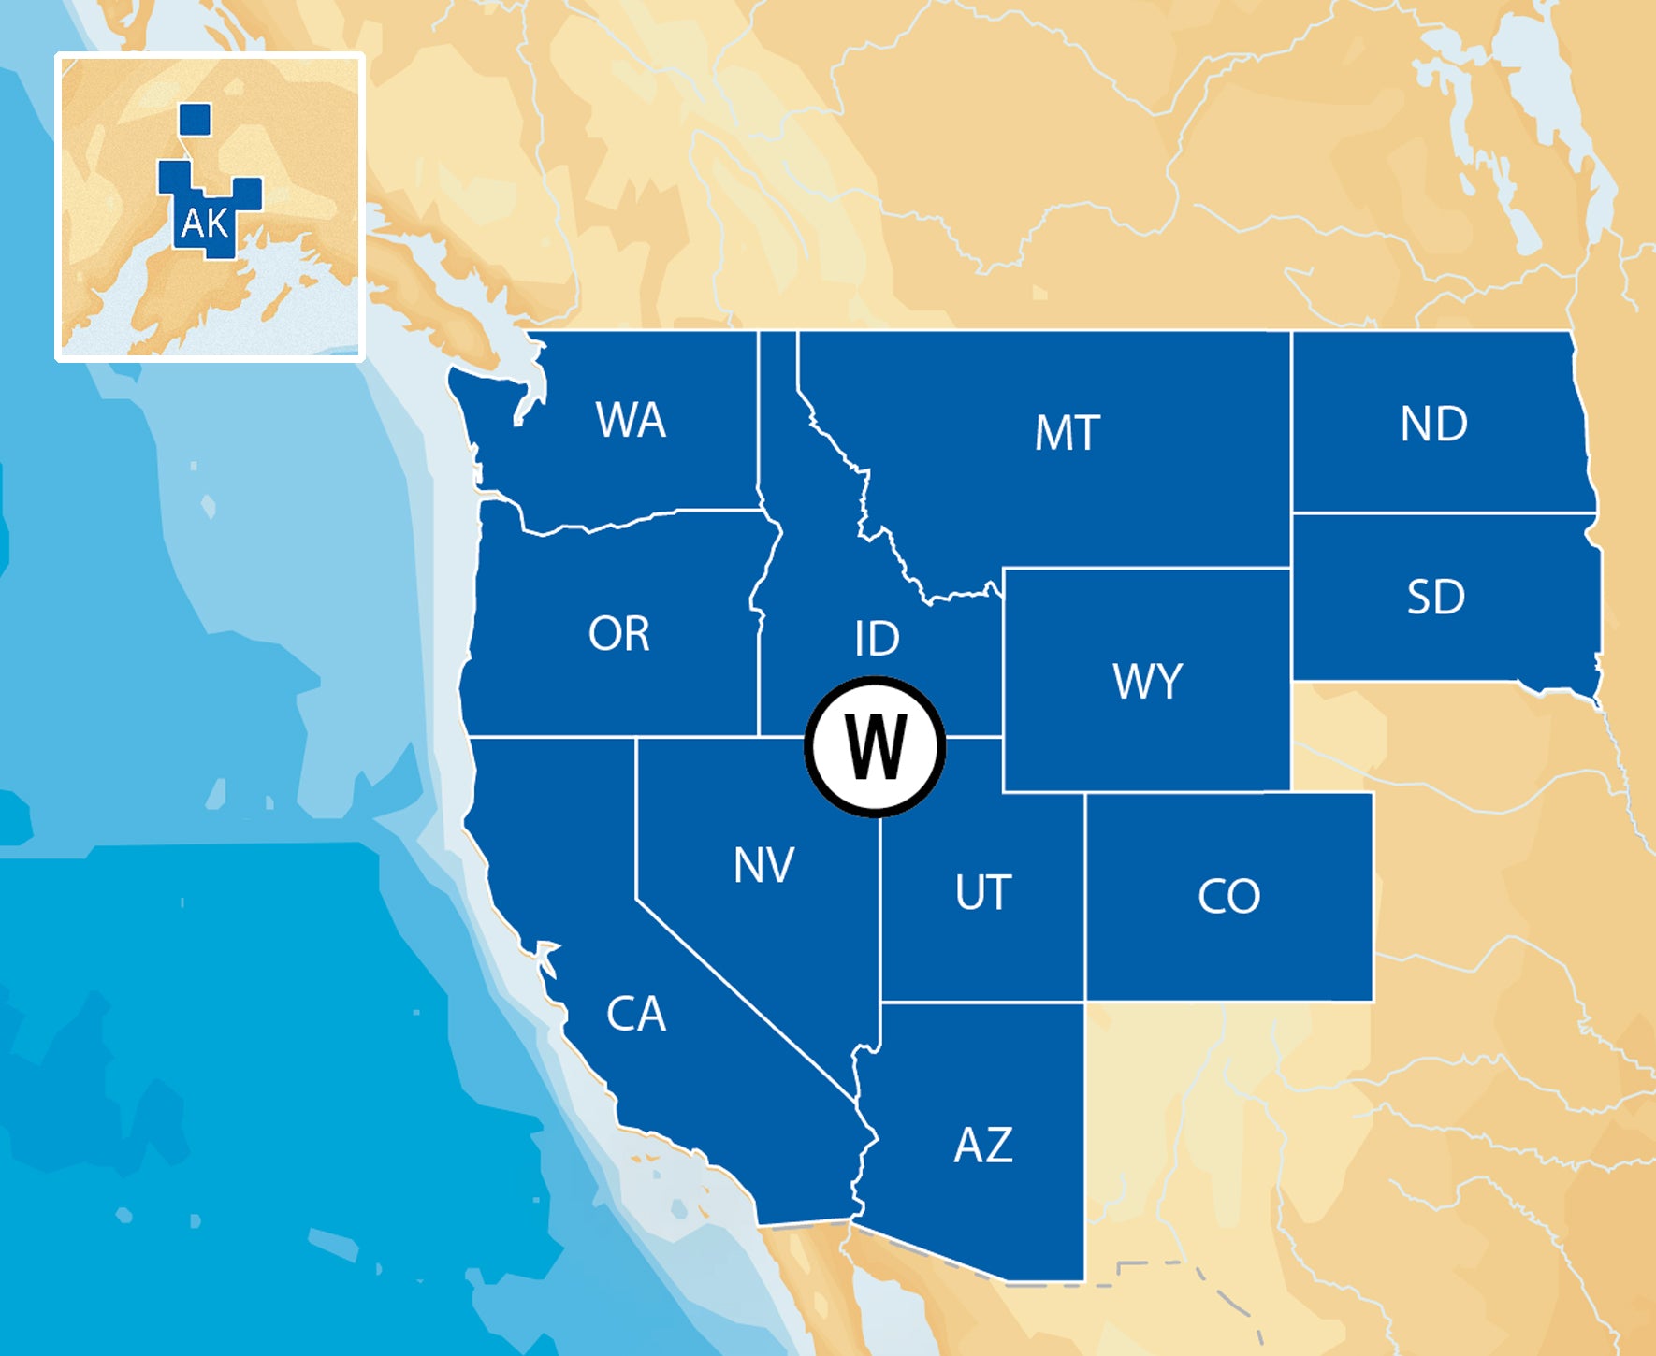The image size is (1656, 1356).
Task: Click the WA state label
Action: (631, 420)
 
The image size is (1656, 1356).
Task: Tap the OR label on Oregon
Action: (618, 634)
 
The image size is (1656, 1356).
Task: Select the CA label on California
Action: (636, 1014)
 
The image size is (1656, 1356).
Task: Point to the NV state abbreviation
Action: (763, 865)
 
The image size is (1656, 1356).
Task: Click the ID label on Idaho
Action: (877, 639)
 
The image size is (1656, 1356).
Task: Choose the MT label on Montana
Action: (1067, 433)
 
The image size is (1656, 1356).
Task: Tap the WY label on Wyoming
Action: (1148, 681)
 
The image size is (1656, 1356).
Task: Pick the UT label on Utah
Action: (983, 892)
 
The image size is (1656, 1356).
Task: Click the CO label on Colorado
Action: (1228, 896)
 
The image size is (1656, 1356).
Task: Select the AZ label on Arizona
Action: (982, 1145)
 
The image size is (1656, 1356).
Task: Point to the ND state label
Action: (1433, 424)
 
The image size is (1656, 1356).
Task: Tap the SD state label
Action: (1435, 597)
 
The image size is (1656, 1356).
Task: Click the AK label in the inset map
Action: (204, 224)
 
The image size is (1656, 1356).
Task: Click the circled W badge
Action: (876, 746)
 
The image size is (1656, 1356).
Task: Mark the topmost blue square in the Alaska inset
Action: (195, 120)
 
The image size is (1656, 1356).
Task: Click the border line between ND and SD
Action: (1441, 513)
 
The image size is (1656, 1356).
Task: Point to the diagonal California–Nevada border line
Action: (748, 1001)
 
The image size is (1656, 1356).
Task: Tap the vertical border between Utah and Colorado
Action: (1085, 898)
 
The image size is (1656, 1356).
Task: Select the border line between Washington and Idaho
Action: (758, 421)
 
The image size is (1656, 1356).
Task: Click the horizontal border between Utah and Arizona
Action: (982, 1002)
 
